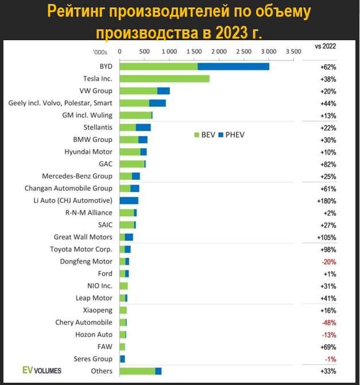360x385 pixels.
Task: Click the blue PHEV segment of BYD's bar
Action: [x=233, y=67]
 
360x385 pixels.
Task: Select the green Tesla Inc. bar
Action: [x=164, y=79]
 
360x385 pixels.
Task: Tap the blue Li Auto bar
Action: [x=129, y=201]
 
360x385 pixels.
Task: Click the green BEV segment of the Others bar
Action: [x=137, y=371]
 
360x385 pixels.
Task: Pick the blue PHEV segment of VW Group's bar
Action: [x=164, y=91]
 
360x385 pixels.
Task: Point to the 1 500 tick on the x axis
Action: [x=193, y=51]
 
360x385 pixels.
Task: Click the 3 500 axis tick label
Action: [x=293, y=51]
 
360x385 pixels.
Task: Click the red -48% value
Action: [x=326, y=322]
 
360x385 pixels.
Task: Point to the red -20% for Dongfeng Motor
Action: [x=326, y=261]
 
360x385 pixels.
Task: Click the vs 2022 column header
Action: [x=326, y=45]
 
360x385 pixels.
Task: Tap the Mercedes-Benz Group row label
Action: [x=78, y=176]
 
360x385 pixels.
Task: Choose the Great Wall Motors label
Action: [x=83, y=237]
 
